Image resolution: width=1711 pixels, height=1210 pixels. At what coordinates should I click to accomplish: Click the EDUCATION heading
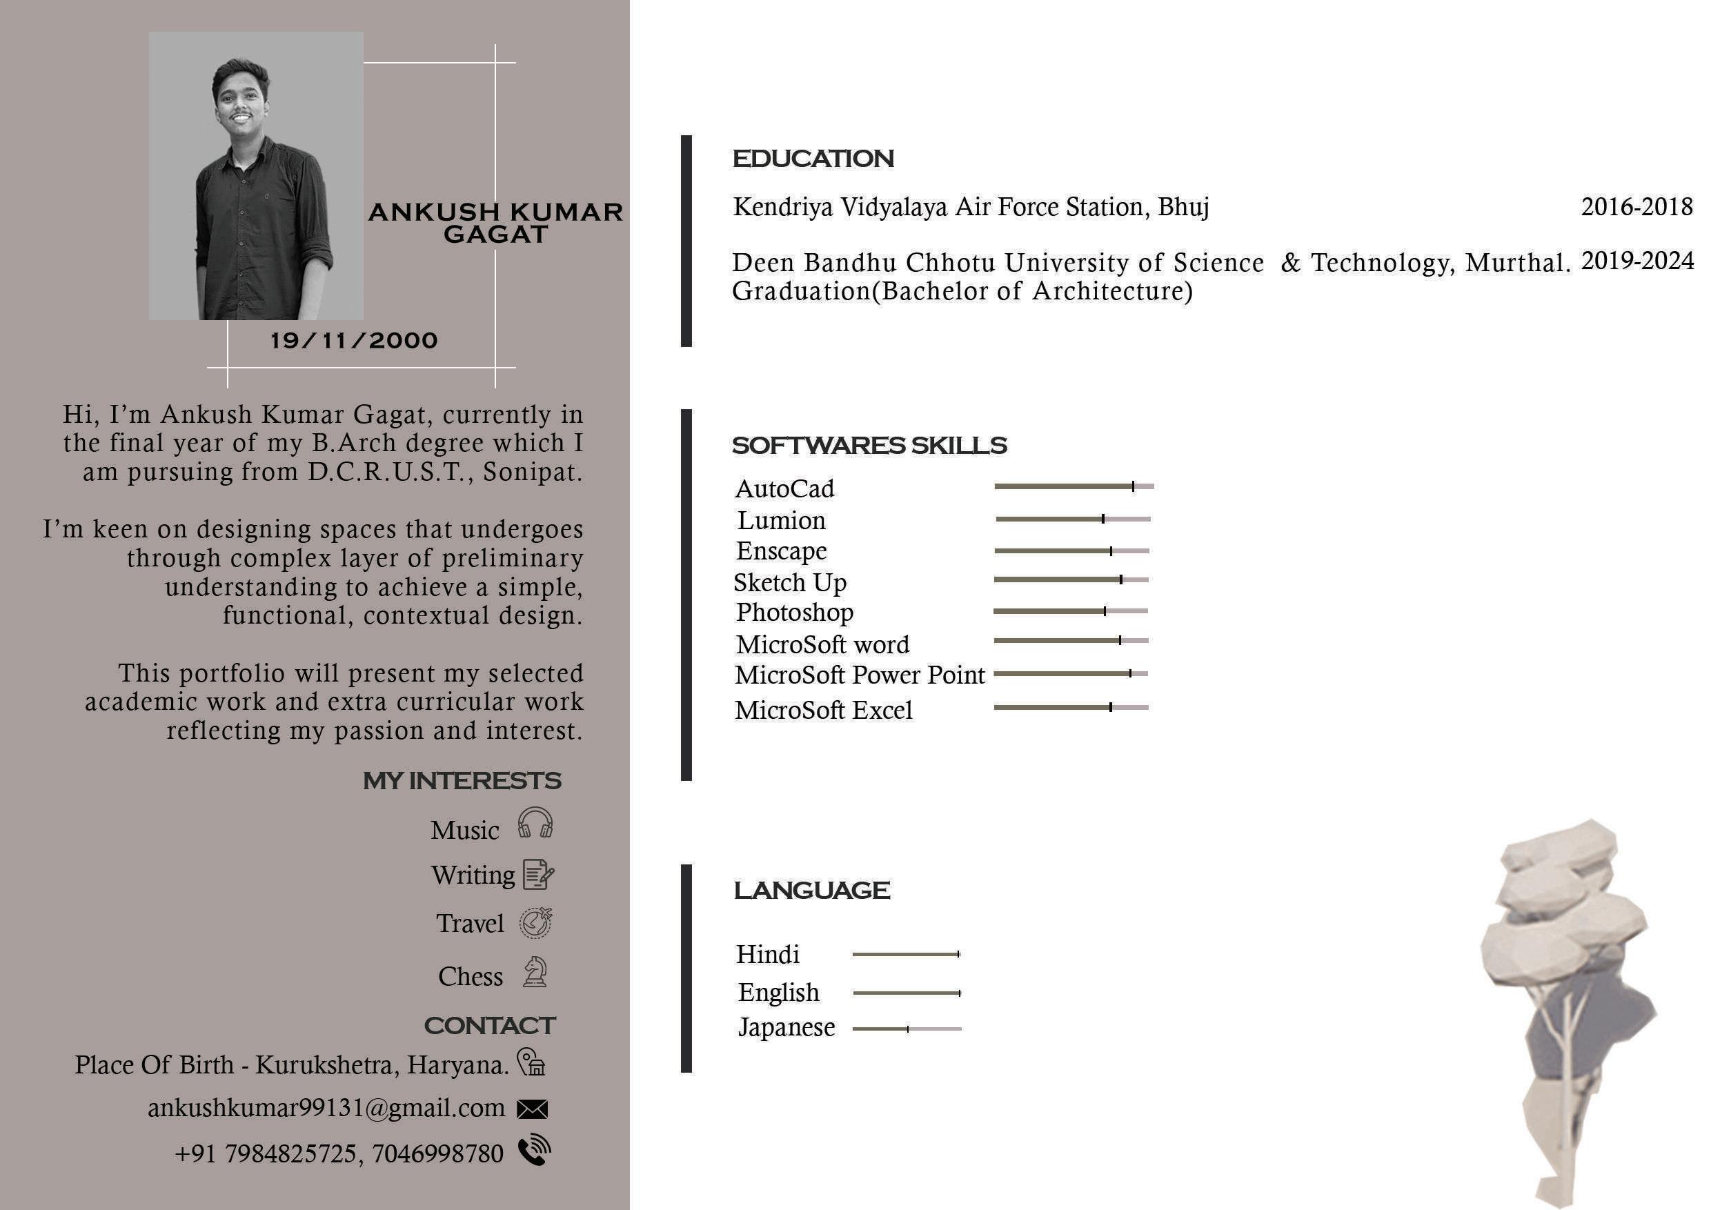pyautogui.click(x=813, y=159)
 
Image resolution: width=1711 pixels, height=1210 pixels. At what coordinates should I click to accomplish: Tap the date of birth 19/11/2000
pyautogui.click(x=354, y=341)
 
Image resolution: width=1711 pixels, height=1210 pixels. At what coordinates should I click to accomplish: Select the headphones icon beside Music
pyautogui.click(x=535, y=823)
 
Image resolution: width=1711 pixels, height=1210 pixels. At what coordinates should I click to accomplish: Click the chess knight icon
pyautogui.click(x=535, y=972)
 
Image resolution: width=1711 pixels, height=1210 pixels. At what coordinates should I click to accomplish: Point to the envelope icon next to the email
pyautogui.click(x=532, y=1109)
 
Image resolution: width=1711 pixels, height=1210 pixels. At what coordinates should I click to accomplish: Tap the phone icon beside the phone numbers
pyautogui.click(x=534, y=1151)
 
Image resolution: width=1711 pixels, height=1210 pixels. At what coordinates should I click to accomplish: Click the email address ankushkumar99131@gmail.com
pyautogui.click(x=326, y=1108)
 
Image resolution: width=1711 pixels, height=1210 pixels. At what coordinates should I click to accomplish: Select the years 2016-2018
pyautogui.click(x=1636, y=206)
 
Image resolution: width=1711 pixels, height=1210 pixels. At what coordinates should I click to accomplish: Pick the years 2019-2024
pyautogui.click(x=1637, y=261)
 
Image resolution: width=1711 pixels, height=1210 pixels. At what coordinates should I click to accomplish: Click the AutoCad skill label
pyautogui.click(x=784, y=489)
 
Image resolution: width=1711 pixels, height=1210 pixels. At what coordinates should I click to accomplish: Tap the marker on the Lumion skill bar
pyautogui.click(x=1103, y=519)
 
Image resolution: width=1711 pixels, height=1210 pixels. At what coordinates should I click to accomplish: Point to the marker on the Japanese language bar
pyautogui.click(x=908, y=1029)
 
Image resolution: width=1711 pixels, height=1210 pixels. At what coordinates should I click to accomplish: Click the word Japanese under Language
pyautogui.click(x=787, y=1027)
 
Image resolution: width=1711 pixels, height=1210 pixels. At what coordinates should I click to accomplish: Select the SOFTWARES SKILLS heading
pyautogui.click(x=869, y=446)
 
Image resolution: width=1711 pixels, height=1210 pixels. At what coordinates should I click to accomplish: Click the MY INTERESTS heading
pyautogui.click(x=462, y=781)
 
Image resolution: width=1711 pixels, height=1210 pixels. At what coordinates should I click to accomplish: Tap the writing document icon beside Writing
pyautogui.click(x=538, y=875)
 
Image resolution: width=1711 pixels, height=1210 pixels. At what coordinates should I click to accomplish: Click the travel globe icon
pyautogui.click(x=536, y=923)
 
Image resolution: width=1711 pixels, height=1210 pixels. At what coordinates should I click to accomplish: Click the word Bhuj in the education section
pyautogui.click(x=1183, y=207)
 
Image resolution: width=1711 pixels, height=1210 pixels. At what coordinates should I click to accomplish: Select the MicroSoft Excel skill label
pyautogui.click(x=824, y=710)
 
